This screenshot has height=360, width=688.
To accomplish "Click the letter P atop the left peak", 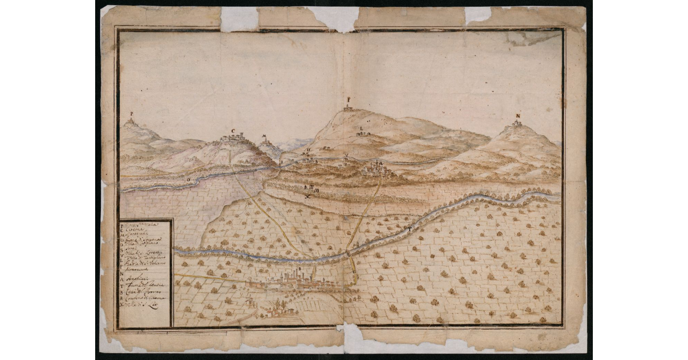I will (132, 114).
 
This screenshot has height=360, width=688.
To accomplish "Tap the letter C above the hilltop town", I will (233, 131).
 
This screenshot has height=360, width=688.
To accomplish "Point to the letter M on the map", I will (264, 136).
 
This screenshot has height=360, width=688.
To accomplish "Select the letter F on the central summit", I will (348, 99).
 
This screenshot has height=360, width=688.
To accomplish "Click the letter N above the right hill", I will (518, 115).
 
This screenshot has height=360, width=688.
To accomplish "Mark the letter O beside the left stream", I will (188, 179).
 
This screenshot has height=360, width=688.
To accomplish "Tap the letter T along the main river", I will (409, 229).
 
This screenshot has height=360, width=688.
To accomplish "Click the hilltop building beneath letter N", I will (517, 123).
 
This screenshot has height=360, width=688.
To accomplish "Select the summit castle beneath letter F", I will (348, 107).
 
